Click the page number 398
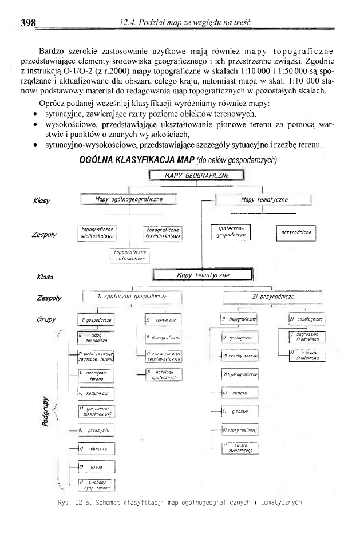[x=29, y=23]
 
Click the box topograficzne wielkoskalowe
[x=98, y=231]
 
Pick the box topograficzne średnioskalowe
[x=163, y=232]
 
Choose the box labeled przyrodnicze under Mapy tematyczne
[x=296, y=232]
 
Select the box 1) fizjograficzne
[x=240, y=318]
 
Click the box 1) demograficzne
[x=163, y=339]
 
